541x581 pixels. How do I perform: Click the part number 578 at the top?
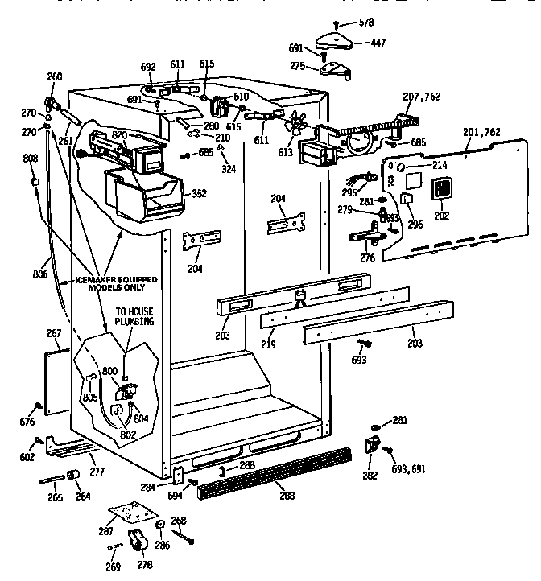click(366, 23)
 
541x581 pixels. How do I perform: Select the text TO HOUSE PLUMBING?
click(134, 315)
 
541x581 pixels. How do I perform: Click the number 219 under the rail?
click(268, 344)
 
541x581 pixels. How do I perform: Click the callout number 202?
click(443, 215)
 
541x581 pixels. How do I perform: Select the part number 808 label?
click(31, 159)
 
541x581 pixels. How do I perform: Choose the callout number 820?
click(120, 134)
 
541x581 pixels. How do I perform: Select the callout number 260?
click(55, 77)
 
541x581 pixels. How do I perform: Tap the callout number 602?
click(27, 457)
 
